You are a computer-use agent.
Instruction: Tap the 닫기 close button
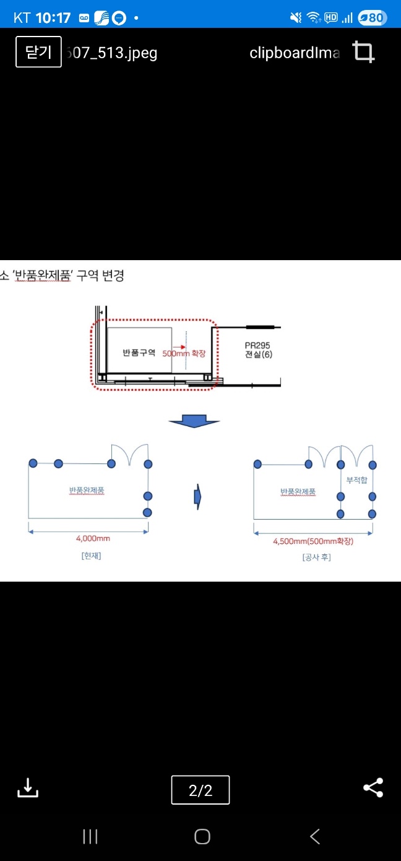38,52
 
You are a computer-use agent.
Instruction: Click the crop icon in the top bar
364,52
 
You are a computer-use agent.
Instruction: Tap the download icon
27,788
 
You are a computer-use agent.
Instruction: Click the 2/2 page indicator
200,790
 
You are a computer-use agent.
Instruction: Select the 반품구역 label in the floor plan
139,352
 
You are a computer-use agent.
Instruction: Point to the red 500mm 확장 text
183,353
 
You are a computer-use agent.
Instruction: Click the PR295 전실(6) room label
258,350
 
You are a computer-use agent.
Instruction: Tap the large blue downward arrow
194,422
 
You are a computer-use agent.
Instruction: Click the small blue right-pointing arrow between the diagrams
197,497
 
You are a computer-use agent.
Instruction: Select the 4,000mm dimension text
93,539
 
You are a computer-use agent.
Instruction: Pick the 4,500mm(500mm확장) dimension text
313,541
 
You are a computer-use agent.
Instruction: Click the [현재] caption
91,556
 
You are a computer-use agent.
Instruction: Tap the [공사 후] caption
316,557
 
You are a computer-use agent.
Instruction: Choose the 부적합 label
357,480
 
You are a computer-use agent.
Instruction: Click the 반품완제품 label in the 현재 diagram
87,491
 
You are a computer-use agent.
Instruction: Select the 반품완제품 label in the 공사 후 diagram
298,492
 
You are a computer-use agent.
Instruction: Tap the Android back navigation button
315,837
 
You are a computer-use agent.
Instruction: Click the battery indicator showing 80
373,17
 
